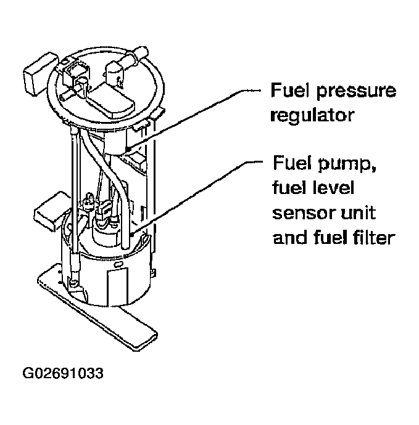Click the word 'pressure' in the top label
pyautogui.click(x=357, y=92)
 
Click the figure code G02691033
pyautogui.click(x=62, y=374)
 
